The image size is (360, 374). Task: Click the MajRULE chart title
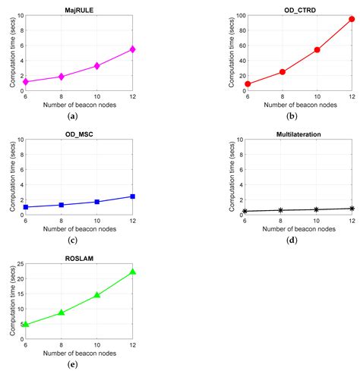(80, 9)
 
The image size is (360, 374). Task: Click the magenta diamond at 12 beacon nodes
(133, 49)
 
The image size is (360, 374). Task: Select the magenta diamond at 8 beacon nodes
(62, 77)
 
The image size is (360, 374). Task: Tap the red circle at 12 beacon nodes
(351, 20)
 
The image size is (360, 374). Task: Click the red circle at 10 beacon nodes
(316, 50)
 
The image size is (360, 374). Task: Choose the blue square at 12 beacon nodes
(133, 196)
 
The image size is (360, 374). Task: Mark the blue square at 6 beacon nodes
(26, 207)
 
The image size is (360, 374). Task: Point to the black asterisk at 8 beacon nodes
(280, 210)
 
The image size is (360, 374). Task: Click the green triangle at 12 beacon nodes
(133, 272)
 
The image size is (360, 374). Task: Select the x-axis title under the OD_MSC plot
(80, 229)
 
